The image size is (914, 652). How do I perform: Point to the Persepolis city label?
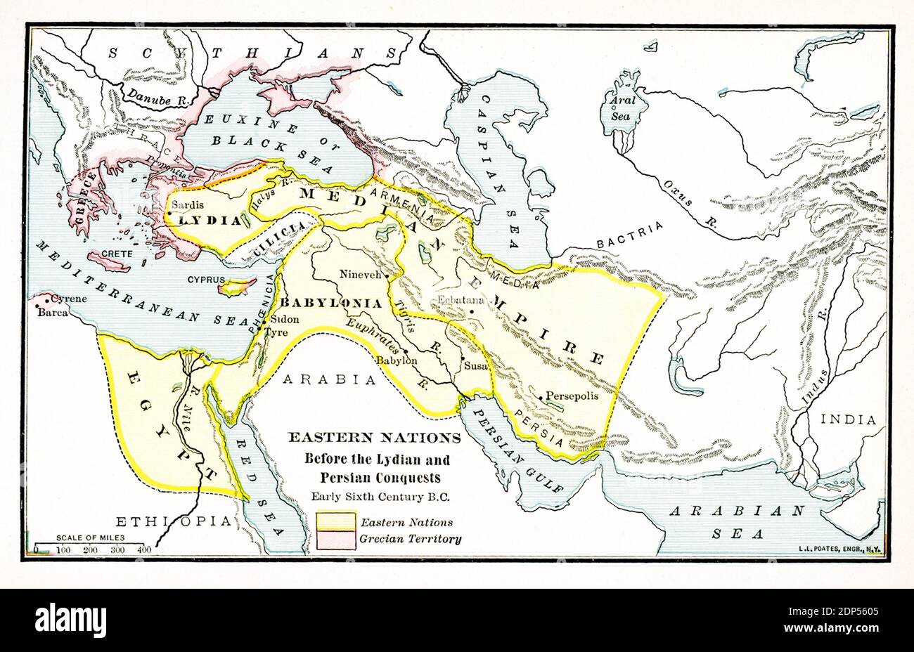(x=572, y=396)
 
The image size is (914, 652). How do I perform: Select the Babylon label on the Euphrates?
(x=397, y=360)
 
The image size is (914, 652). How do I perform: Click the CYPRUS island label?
(x=206, y=279)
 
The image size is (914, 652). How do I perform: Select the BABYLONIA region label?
(x=331, y=304)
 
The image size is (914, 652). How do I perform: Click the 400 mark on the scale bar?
(x=144, y=549)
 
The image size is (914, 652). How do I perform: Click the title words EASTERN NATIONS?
(x=374, y=438)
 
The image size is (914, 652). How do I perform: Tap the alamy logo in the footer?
(x=71, y=620)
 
